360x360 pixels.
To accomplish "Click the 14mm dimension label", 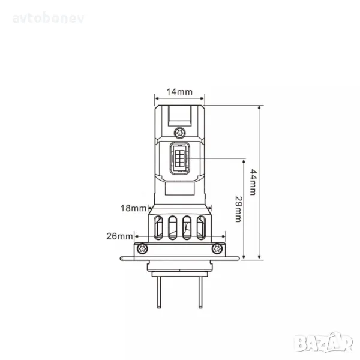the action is point(179,92).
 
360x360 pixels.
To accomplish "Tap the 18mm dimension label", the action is point(133,208).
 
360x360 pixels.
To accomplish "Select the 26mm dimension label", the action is point(119,236).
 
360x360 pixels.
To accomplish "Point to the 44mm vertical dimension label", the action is point(253,182).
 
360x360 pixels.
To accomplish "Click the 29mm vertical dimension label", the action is point(239,209).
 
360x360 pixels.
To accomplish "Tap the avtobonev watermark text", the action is point(48,19).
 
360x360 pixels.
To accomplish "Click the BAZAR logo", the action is point(324,343).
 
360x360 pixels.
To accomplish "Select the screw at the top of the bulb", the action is point(180,133).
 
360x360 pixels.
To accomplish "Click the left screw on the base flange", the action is point(142,248).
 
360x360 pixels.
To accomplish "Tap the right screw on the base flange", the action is point(217,248).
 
